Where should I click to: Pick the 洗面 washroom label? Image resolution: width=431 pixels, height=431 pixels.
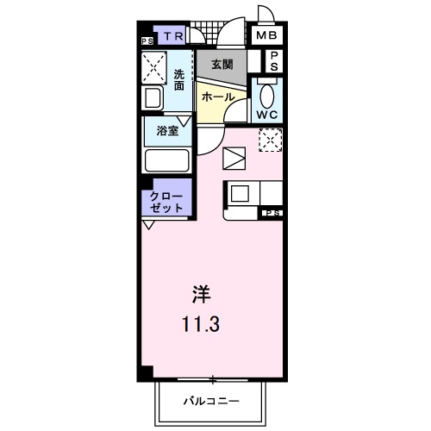pyautogui.click(x=178, y=79)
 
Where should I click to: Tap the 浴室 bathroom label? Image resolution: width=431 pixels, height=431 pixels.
pyautogui.click(x=166, y=131)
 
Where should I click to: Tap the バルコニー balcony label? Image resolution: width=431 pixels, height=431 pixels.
pyautogui.click(x=210, y=400)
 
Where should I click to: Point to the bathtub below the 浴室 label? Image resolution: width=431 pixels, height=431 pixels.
pyautogui.click(x=166, y=160)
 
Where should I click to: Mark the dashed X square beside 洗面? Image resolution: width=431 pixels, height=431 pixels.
pyautogui.click(x=155, y=66)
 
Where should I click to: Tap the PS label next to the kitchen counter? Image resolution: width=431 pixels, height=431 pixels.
pyautogui.click(x=272, y=212)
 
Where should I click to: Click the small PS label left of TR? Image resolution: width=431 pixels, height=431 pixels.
pyautogui.click(x=147, y=40)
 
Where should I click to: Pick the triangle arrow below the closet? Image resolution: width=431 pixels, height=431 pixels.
pyautogui.click(x=149, y=224)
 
